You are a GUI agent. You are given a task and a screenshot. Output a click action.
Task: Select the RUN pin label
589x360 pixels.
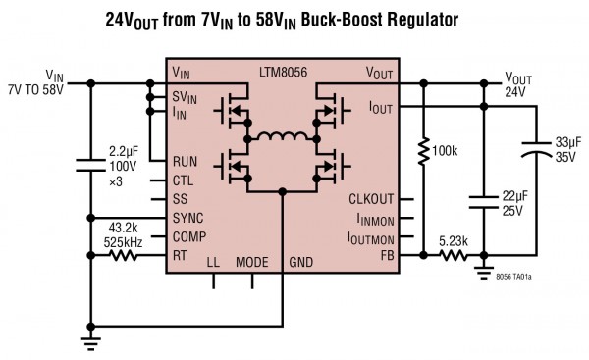[185, 161]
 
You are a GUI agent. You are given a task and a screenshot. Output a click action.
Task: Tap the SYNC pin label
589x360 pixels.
[187, 217]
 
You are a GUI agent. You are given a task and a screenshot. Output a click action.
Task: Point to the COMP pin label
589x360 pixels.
[188, 235]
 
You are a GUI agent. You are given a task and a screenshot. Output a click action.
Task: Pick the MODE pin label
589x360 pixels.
[252, 263]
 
